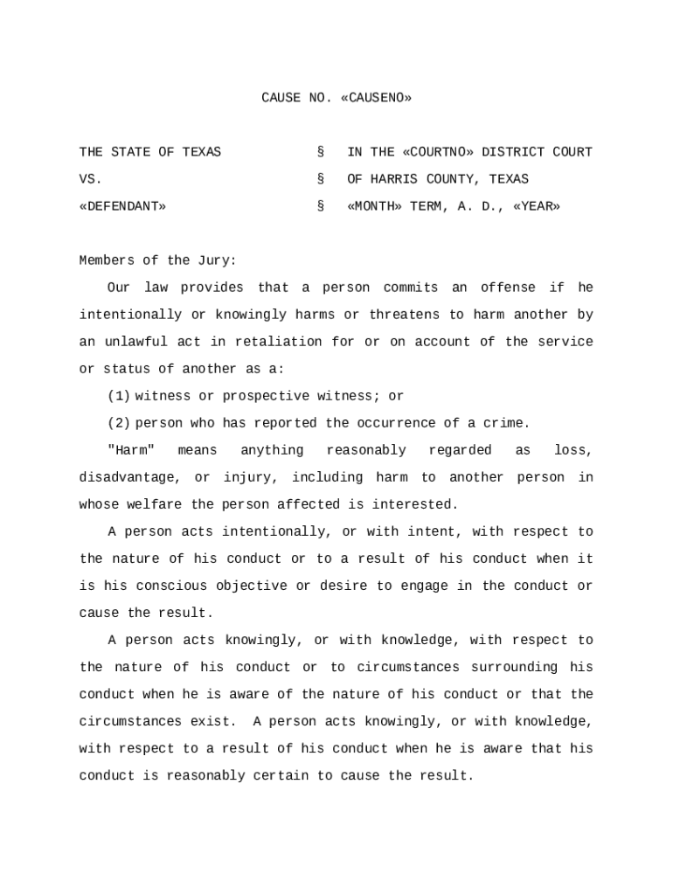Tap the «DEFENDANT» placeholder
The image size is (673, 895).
122,206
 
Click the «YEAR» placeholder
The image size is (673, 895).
537,206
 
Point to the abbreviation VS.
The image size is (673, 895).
91,179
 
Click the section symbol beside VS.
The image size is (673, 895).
321,179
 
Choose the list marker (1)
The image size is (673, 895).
119,396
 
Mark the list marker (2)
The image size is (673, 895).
119,423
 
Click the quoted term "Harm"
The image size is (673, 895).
131,450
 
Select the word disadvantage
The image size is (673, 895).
130,477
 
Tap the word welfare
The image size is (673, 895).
155,504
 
